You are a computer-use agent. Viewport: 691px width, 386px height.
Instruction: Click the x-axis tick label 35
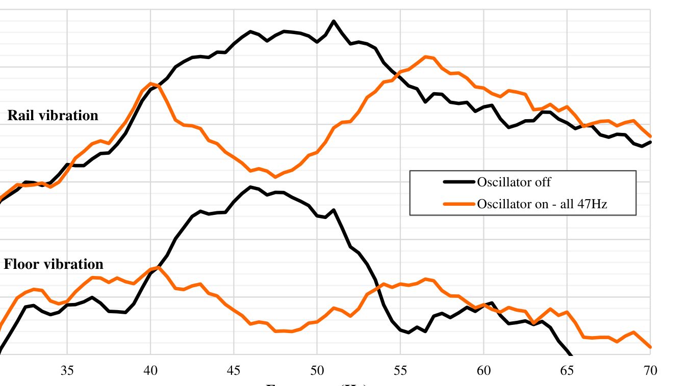(67, 371)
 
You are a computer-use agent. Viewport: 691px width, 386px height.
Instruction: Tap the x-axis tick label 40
(150, 371)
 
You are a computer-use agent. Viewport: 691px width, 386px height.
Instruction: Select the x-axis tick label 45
(234, 371)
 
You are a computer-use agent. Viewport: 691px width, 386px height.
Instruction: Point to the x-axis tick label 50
(317, 371)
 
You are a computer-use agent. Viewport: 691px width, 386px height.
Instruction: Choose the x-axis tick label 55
(400, 371)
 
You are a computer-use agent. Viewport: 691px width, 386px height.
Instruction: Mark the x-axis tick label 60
(483, 371)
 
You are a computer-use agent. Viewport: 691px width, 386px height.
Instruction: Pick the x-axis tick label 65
(567, 371)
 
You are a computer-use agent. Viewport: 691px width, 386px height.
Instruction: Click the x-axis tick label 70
(650, 371)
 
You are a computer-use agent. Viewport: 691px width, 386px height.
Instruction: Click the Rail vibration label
(53, 116)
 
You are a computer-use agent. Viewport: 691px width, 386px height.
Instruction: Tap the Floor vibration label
(54, 264)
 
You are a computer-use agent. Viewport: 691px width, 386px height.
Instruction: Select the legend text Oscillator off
(514, 182)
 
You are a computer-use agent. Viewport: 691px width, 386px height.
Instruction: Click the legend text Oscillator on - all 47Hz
(542, 204)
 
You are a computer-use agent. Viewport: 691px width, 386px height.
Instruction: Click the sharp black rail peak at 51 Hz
(334, 21)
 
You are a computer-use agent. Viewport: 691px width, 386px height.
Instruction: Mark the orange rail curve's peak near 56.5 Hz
(425, 57)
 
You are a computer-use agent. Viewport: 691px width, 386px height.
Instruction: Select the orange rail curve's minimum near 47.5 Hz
(275, 177)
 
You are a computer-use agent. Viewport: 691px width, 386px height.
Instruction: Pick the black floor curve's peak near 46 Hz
(250, 187)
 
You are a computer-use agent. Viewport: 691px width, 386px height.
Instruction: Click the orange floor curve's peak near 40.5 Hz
(159, 267)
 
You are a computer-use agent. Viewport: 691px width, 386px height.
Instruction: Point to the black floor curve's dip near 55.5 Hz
(408, 333)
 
